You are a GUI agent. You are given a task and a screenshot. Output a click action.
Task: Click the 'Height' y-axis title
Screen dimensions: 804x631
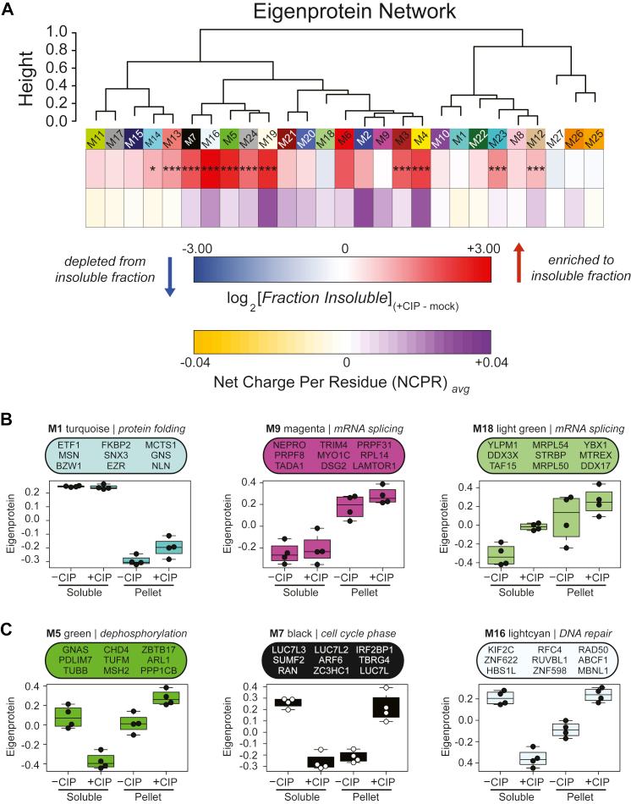[29, 76]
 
